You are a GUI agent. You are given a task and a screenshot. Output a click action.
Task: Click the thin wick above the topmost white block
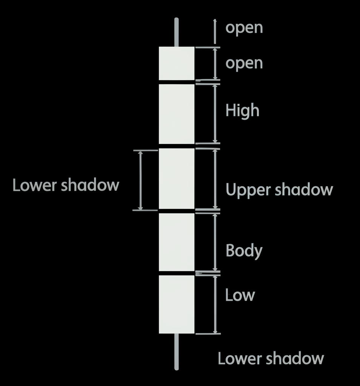click(176, 32)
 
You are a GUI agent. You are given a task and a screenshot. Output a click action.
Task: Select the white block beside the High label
click(177, 114)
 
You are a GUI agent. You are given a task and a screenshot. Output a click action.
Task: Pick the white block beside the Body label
click(177, 242)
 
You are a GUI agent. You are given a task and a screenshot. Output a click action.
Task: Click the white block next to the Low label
click(177, 304)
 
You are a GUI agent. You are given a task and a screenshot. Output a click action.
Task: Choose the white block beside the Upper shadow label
click(177, 178)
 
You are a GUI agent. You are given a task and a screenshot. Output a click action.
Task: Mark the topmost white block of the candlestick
click(177, 63)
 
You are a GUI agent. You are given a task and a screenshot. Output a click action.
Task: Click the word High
click(242, 111)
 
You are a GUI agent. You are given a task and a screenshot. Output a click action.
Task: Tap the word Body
click(244, 251)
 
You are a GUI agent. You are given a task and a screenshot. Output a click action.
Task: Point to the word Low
click(240, 295)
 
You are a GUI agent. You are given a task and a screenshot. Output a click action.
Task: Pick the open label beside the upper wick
click(244, 28)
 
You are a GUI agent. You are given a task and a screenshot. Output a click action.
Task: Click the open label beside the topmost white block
click(244, 63)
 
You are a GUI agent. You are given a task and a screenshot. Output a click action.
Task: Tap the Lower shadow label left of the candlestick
click(66, 185)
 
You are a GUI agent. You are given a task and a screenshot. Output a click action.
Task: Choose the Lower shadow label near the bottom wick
click(271, 358)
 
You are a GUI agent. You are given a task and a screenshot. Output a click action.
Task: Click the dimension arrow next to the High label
click(215, 114)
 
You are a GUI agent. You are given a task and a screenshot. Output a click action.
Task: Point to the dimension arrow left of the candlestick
click(141, 180)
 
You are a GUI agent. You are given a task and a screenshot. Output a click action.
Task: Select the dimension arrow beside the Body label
click(215, 242)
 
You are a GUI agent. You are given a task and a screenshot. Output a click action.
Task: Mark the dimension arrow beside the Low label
click(215, 304)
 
